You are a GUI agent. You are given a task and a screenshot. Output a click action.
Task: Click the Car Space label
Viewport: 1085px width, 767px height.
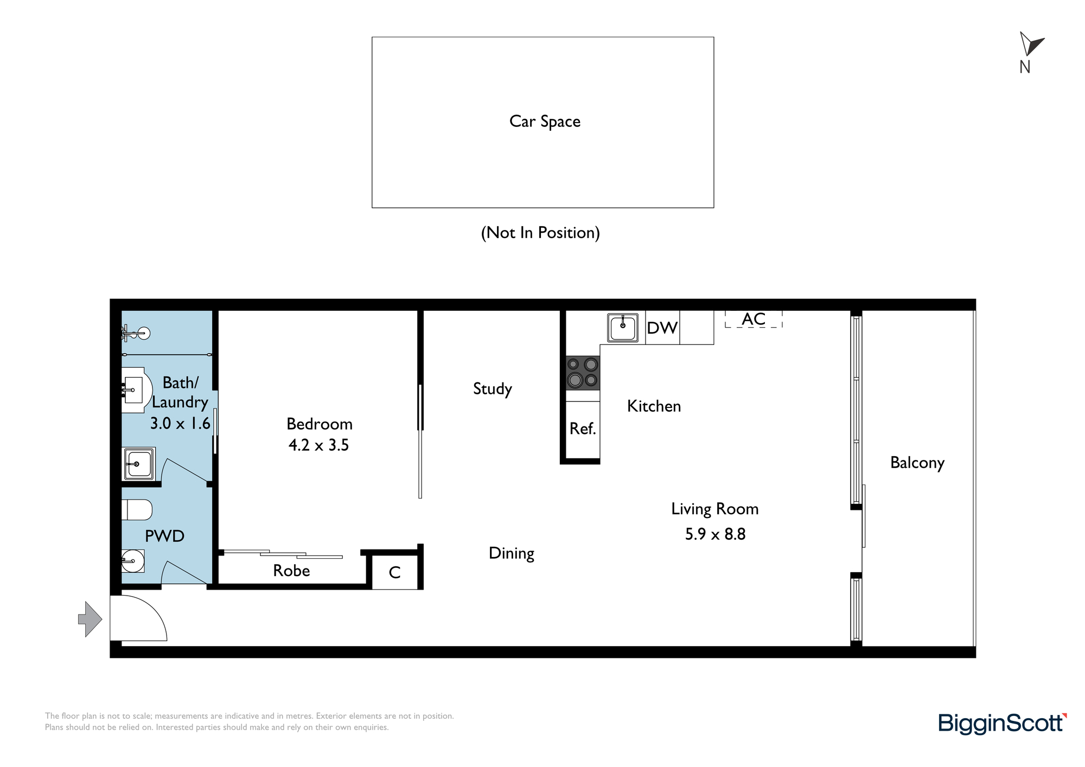[x=545, y=122]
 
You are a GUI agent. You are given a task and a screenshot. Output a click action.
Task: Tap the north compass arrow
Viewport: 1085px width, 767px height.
[x=1031, y=44]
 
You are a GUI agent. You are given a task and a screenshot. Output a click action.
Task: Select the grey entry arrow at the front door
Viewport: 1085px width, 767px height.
[x=90, y=619]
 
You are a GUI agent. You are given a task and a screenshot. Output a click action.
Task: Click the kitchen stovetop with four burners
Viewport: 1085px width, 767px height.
[x=583, y=373]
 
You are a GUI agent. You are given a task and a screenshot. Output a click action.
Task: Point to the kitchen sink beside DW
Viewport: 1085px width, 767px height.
[x=623, y=328]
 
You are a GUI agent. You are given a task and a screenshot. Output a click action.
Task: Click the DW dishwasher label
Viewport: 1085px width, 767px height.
[x=662, y=328]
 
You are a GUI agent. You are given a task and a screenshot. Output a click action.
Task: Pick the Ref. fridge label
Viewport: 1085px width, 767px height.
[x=583, y=429]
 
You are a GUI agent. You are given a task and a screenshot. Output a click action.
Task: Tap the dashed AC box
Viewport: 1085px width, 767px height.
[x=754, y=319]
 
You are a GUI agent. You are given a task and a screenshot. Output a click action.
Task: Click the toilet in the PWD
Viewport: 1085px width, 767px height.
[x=137, y=510]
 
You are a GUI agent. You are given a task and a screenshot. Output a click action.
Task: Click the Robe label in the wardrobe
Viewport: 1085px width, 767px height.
[x=291, y=571]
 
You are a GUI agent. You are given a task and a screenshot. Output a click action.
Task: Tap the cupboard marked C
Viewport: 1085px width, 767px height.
[x=395, y=572]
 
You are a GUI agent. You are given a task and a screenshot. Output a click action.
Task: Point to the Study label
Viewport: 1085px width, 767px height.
[x=493, y=389]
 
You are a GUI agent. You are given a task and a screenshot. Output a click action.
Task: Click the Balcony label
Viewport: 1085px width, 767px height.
[x=917, y=463]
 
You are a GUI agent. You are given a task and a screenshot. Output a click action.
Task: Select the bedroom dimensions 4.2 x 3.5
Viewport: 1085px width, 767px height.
[x=318, y=445]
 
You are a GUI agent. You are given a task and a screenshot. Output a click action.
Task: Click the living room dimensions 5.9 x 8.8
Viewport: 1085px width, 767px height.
[x=715, y=534]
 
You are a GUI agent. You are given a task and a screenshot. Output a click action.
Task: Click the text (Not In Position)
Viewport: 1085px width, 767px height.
[x=540, y=233]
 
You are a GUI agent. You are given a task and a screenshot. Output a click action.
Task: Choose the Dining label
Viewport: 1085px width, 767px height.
[x=512, y=553]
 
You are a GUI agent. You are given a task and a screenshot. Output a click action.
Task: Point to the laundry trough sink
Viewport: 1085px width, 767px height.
[x=139, y=464]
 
